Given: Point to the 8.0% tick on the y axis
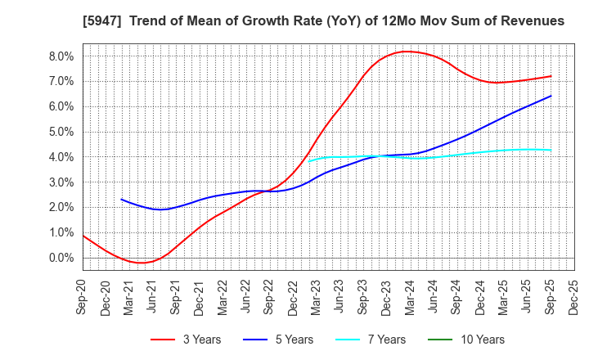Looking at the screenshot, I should (x=61, y=56).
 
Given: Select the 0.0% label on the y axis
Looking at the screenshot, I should (x=61, y=258).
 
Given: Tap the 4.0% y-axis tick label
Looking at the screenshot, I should (x=61, y=157).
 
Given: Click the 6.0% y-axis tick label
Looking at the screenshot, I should (x=61, y=106).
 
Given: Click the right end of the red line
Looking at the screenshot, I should (x=551, y=76).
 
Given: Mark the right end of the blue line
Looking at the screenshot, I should (x=551, y=96).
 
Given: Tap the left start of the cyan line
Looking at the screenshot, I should (x=309, y=161).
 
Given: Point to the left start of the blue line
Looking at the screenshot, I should (x=121, y=199).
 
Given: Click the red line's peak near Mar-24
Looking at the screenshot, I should (x=407, y=52).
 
